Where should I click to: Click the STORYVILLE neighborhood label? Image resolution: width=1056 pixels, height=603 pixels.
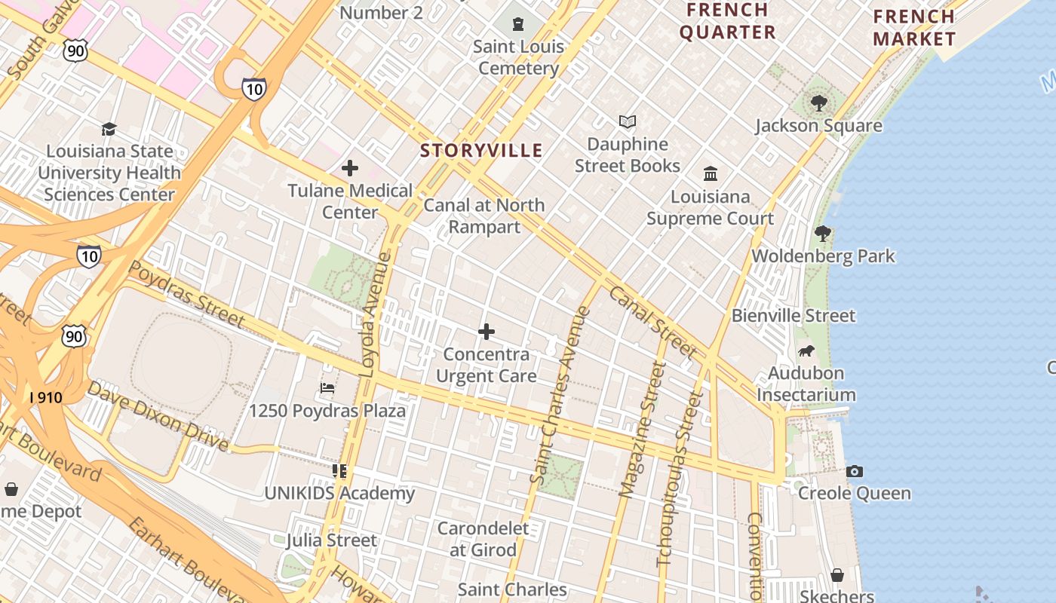click(x=481, y=151)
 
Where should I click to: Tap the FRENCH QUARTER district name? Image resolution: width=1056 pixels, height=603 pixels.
click(x=727, y=21)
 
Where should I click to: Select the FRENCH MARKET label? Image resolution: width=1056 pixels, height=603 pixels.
click(x=914, y=28)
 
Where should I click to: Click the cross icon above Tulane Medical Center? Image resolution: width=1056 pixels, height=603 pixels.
click(x=350, y=168)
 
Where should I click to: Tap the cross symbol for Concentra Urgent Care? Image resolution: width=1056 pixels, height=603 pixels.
click(x=487, y=331)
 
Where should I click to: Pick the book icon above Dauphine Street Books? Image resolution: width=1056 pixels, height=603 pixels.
click(x=627, y=121)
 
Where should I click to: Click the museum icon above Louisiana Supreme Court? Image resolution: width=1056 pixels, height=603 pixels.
click(x=710, y=174)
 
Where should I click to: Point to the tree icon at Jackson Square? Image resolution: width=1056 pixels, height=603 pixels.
click(x=819, y=103)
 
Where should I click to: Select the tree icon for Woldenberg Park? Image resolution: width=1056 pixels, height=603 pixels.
click(x=823, y=234)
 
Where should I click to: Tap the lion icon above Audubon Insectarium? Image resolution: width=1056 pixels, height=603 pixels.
click(x=806, y=350)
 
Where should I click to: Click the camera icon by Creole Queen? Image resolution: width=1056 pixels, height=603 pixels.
click(x=854, y=471)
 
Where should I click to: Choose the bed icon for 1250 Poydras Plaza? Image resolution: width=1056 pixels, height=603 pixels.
click(x=327, y=388)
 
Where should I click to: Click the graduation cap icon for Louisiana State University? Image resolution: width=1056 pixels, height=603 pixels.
click(x=109, y=129)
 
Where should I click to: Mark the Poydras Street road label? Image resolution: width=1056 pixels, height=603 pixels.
click(x=186, y=294)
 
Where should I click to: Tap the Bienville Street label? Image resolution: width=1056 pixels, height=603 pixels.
click(x=794, y=315)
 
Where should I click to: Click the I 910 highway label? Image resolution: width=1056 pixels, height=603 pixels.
click(x=45, y=396)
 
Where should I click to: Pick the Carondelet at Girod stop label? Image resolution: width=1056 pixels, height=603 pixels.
click(x=483, y=539)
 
